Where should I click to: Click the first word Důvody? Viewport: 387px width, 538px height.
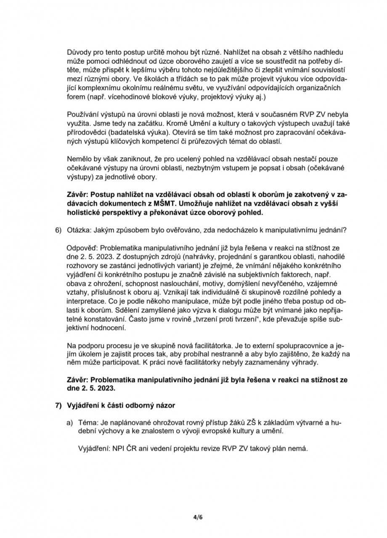point(79,54)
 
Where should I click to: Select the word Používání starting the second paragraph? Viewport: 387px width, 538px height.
point(84,115)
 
